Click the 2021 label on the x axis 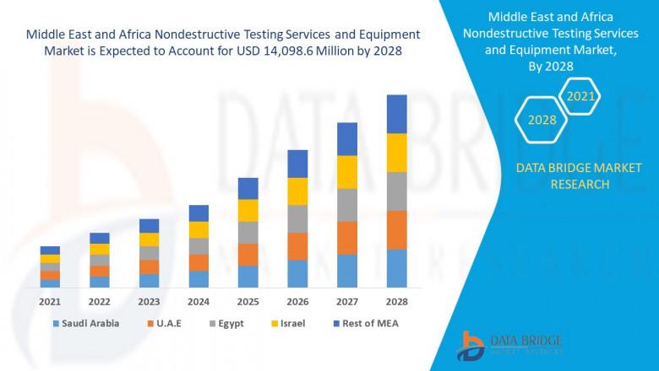coord(50,301)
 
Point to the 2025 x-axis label coord(248,301)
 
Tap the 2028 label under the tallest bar coord(396,301)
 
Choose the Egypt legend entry coord(234,323)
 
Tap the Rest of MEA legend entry coord(365,323)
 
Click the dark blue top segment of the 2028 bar coord(396,114)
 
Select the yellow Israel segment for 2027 coord(347,172)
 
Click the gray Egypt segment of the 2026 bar coord(297,218)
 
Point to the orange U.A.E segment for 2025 coord(248,255)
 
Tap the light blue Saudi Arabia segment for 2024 coord(199,279)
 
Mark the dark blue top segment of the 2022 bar coord(100,238)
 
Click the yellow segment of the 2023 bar coord(149,239)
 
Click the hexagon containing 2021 coord(580,97)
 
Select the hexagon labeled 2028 coord(542,121)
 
